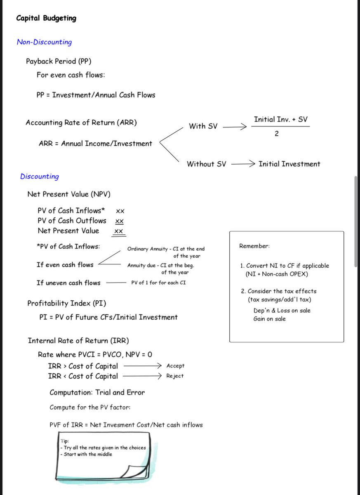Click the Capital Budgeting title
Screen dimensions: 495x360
(46, 18)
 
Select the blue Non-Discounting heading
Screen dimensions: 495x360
(44, 42)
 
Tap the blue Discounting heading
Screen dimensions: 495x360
(40, 177)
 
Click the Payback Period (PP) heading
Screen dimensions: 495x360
(59, 61)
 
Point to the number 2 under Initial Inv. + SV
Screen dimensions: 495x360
(276, 134)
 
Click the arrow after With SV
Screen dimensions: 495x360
(234, 127)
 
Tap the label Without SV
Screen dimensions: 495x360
(206, 164)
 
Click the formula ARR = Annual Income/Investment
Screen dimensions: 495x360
(95, 144)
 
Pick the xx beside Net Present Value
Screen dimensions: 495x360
(118, 231)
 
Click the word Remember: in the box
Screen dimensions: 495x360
(254, 246)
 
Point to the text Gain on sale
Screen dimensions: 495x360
(269, 319)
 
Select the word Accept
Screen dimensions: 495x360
(175, 366)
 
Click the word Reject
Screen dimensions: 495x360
(175, 376)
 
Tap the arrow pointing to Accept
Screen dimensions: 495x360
(142, 366)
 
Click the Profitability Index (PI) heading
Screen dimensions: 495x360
(67, 304)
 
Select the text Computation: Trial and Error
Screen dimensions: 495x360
(97, 393)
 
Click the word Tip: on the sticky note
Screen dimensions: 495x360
(65, 441)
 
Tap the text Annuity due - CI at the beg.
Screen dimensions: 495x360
(160, 266)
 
